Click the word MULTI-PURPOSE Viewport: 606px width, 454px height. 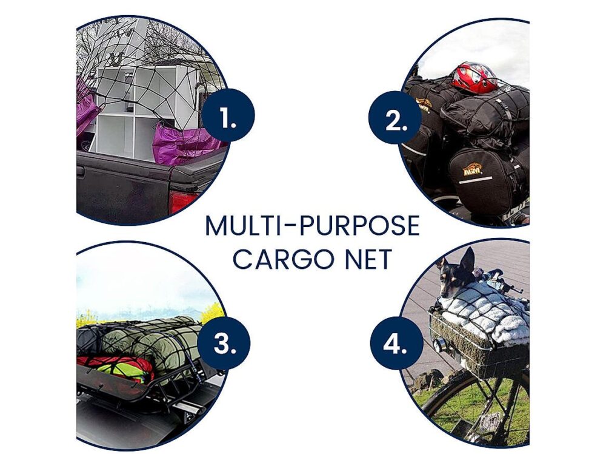312,226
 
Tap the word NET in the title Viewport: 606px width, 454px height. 362,259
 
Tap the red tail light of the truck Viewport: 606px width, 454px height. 182,201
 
